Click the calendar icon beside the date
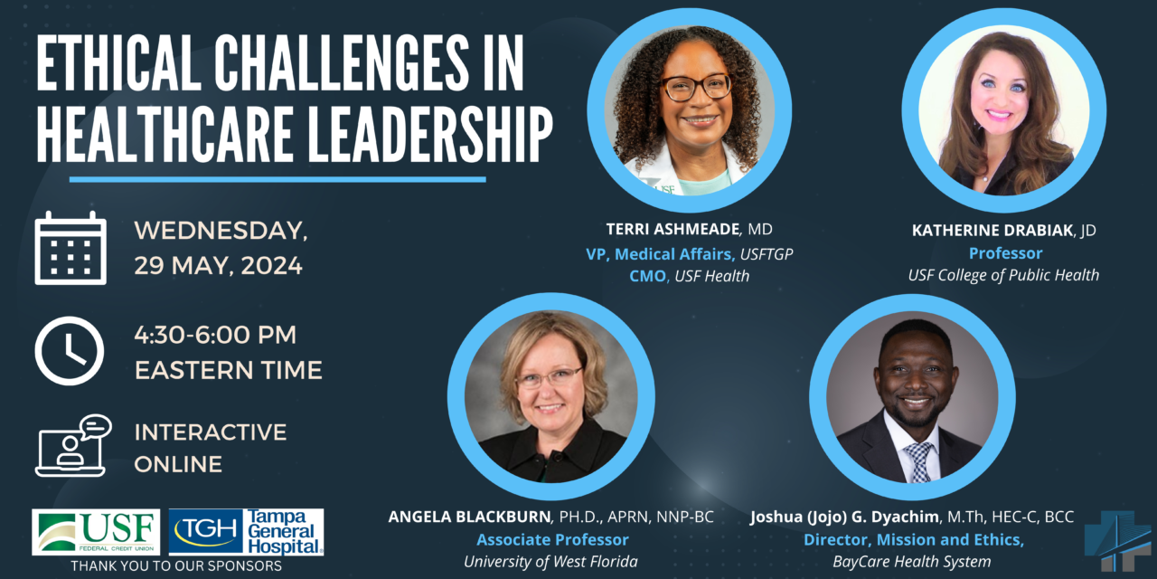pos(71,248)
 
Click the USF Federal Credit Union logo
pos(96,532)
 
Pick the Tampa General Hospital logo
pos(246,532)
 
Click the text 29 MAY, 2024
pos(218,267)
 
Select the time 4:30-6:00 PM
pos(215,335)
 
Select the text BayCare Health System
pos(912,562)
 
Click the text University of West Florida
pos(550,562)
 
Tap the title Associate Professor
pos(551,540)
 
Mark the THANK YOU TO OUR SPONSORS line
pos(176,566)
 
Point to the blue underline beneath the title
pos(277,179)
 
